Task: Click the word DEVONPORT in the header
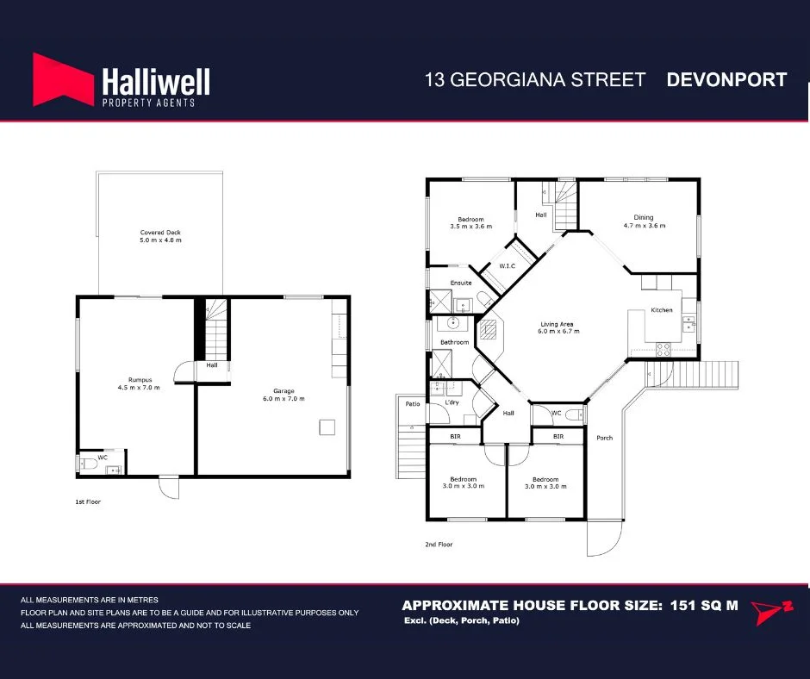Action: coord(726,80)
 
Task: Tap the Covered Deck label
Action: coord(161,233)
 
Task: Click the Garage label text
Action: coord(283,391)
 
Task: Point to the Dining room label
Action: coord(644,217)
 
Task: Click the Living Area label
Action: coord(556,325)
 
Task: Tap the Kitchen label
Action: coord(661,310)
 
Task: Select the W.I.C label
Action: coord(507,266)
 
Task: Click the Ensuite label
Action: coord(461,283)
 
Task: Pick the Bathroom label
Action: coord(454,342)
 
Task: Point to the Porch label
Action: coord(604,438)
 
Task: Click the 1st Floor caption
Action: coord(89,501)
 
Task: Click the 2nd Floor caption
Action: coord(439,545)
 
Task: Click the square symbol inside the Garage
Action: coord(327,427)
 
